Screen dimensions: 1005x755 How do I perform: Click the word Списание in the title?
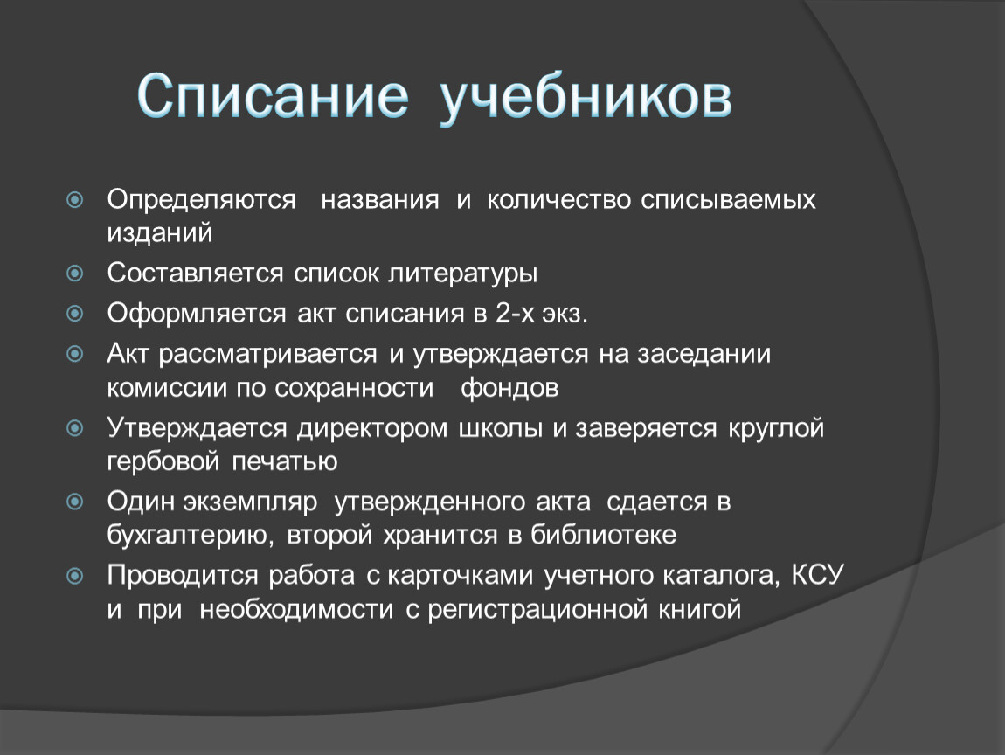coord(273,97)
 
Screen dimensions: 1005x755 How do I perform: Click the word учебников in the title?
coord(586,98)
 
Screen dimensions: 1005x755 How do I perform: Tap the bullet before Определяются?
coord(75,200)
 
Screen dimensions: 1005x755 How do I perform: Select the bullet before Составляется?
coord(75,274)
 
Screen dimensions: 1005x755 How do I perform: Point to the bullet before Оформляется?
coord(75,314)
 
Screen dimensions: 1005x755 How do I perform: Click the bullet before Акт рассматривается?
coord(75,354)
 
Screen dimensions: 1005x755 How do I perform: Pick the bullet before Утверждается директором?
coord(75,427)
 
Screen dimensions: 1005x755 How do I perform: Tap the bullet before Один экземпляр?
coord(75,502)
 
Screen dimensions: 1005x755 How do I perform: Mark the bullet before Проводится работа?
coord(75,576)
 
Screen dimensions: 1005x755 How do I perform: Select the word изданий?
coord(160,232)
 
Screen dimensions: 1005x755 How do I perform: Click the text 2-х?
coord(515,314)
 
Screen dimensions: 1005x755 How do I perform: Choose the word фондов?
coord(509,388)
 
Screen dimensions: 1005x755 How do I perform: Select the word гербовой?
coord(163,461)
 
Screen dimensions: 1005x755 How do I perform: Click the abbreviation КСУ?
coord(818,574)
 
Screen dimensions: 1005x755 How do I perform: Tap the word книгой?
coord(700,609)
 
